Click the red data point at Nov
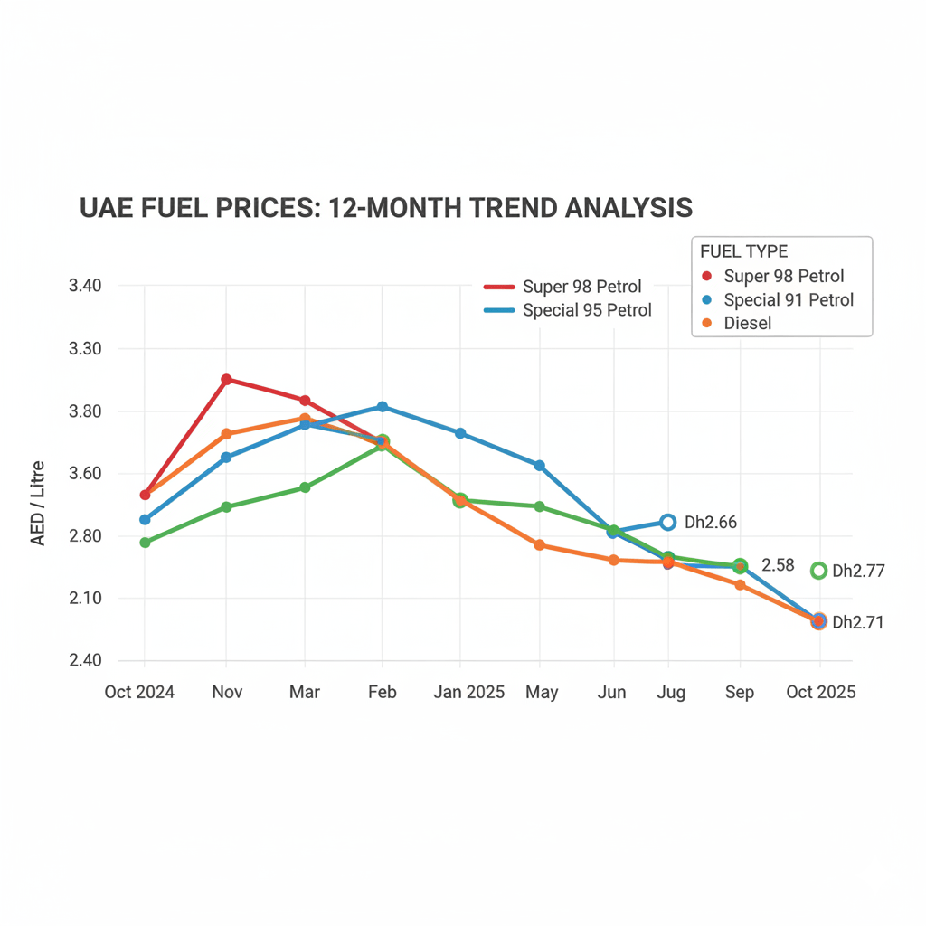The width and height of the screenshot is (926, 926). coord(226,379)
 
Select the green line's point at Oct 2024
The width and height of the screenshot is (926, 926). coord(145,543)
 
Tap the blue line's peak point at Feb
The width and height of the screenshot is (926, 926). coord(383,407)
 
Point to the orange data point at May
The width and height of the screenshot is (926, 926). coord(539,545)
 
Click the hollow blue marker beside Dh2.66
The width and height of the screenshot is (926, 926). coord(667,523)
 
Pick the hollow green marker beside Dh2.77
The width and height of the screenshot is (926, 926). coord(818,571)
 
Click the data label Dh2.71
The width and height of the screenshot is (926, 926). coord(857,622)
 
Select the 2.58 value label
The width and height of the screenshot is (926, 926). coord(778,565)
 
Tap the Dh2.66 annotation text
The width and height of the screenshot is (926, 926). coord(711,523)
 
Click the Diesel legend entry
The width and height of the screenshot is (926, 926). coord(747,323)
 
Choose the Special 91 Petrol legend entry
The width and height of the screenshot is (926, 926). coord(788,299)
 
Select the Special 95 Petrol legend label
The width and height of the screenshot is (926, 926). coord(587,310)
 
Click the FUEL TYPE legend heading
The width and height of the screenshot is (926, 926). coord(743,251)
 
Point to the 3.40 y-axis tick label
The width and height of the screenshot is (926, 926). coord(85,287)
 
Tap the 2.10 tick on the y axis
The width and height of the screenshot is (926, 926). coord(85,599)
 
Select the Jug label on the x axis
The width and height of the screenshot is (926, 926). coord(670,693)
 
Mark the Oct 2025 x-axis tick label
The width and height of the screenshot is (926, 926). coord(820,693)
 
